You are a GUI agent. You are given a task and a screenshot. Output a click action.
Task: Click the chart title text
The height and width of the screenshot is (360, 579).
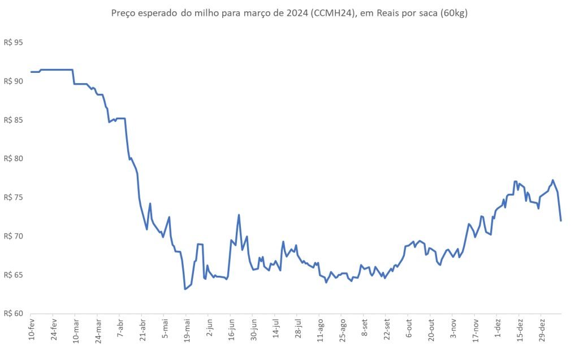(289, 14)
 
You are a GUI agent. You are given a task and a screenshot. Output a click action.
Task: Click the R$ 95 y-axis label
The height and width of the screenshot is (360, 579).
(14, 42)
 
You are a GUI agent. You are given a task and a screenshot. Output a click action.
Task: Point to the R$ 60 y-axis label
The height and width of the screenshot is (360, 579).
(14, 314)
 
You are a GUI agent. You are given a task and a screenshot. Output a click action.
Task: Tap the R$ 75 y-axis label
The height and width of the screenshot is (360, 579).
(14, 197)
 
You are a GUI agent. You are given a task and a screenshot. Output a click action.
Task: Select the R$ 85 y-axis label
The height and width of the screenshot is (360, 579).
(14, 120)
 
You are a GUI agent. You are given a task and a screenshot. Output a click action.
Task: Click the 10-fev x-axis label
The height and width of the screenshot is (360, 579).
(32, 328)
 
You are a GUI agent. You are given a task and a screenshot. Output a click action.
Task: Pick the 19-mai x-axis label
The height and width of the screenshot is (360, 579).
(187, 330)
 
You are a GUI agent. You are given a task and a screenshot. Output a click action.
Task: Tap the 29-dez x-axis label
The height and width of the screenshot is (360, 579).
(542, 329)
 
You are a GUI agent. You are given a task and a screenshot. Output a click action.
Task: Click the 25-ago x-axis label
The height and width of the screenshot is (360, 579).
(343, 330)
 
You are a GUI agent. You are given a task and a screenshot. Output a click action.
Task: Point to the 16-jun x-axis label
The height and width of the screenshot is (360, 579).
(231, 329)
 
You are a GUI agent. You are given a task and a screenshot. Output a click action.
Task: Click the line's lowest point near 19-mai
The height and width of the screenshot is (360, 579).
(185, 289)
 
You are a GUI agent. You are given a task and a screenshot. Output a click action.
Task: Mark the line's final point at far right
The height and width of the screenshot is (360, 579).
(561, 221)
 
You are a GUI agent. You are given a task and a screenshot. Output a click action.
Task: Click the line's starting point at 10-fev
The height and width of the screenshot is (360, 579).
(31, 72)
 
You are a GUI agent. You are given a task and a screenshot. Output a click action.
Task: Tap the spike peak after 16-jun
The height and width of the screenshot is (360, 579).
(239, 215)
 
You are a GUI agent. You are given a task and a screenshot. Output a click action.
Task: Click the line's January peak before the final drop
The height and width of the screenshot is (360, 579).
(553, 180)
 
